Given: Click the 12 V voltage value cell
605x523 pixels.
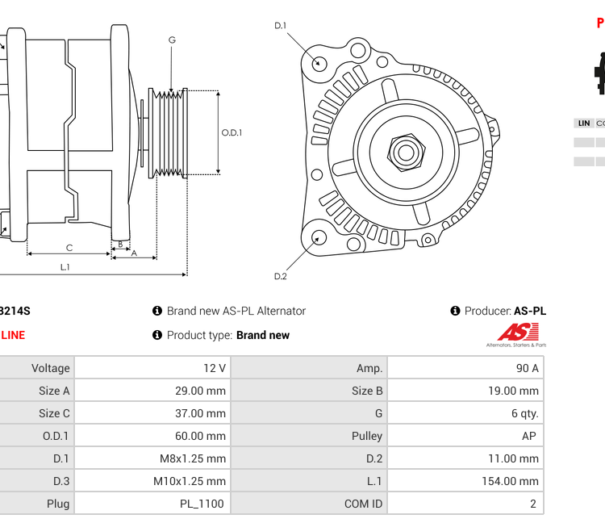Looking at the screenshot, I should click(x=214, y=368).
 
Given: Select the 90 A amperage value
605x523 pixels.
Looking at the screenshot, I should click(x=528, y=368).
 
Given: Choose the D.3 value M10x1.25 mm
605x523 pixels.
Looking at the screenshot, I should click(x=190, y=481).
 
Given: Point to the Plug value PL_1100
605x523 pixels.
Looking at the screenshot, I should click(x=202, y=504).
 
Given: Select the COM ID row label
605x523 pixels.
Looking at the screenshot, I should click(x=363, y=504).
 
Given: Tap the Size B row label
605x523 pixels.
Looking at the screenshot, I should click(x=367, y=391).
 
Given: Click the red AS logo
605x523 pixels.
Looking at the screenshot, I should click(x=515, y=332).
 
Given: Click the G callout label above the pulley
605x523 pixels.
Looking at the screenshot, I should click(x=172, y=40).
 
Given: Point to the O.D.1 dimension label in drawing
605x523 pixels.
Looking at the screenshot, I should click(x=232, y=133).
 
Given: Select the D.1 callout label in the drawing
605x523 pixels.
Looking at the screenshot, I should click(x=280, y=26).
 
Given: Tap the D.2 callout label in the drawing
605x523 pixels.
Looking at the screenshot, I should click(x=280, y=277).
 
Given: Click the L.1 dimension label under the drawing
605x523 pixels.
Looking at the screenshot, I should click(x=65, y=267).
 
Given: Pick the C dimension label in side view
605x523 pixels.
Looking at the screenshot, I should click(x=69, y=248).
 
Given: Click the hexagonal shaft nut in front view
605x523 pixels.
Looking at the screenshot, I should click(x=406, y=152).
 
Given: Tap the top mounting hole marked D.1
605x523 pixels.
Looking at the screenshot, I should click(x=319, y=63).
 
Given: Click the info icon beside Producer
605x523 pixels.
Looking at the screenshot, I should click(x=455, y=311).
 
